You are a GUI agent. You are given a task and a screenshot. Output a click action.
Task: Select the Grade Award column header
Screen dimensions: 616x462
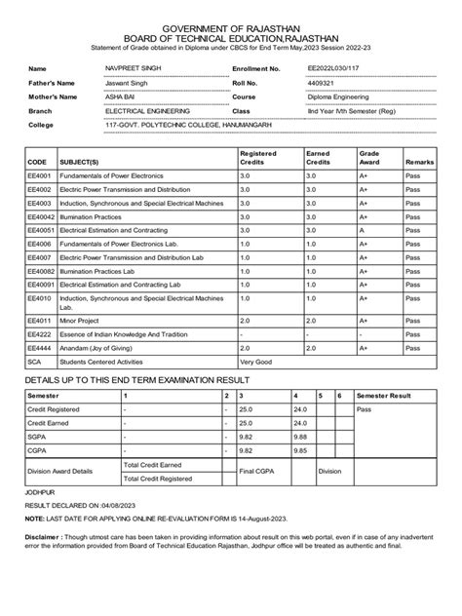(370, 158)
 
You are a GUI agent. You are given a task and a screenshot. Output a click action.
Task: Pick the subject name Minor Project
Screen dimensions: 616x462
(85, 319)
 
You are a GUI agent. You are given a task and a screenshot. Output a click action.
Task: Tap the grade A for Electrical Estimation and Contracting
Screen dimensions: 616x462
(362, 230)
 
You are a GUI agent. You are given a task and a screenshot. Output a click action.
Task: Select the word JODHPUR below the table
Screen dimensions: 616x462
(41, 494)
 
